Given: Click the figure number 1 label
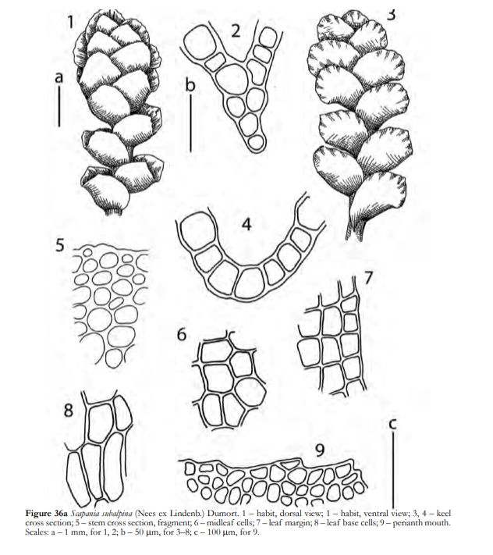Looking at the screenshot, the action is click(71, 22).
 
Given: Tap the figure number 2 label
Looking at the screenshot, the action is click(236, 30).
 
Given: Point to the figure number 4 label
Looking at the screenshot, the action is click(247, 224).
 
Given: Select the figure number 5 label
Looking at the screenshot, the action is click(60, 245).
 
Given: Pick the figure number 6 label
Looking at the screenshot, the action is click(182, 334).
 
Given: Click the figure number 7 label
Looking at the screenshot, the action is click(368, 278).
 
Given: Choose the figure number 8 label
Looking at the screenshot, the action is click(69, 411).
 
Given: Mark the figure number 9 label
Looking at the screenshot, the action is click(319, 450).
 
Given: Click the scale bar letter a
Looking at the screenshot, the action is click(59, 76).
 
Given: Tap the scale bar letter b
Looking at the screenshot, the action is click(190, 85).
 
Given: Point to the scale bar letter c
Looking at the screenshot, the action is click(392, 423).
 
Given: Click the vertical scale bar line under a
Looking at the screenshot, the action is click(59, 106).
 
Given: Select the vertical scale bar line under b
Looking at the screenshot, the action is click(190, 124).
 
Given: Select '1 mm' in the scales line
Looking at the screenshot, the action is click(75, 532).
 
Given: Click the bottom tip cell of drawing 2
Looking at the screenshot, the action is click(256, 143).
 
